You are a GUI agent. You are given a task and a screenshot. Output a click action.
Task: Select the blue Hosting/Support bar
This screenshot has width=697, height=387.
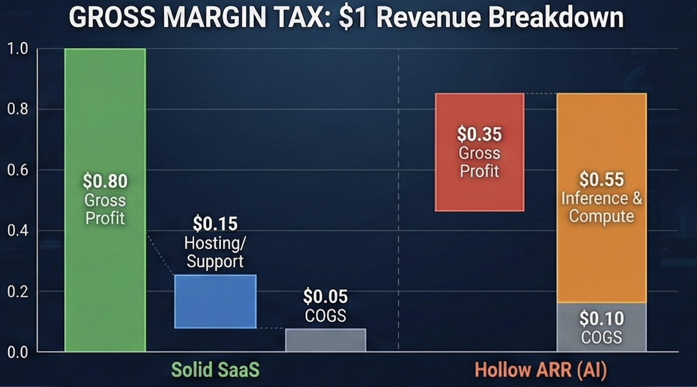pyautogui.click(x=215, y=301)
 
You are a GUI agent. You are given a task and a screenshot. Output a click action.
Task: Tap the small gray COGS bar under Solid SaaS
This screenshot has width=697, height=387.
pyautogui.click(x=326, y=340)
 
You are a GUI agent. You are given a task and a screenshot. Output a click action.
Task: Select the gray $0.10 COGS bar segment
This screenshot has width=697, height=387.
pyautogui.click(x=601, y=327)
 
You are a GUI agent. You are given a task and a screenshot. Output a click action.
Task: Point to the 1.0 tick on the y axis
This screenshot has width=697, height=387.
pyautogui.click(x=17, y=48)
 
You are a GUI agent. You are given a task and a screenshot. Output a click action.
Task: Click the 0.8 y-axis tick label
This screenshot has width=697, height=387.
pyautogui.click(x=17, y=109)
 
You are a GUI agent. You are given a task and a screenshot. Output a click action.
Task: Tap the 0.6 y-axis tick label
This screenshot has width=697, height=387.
pyautogui.click(x=17, y=170)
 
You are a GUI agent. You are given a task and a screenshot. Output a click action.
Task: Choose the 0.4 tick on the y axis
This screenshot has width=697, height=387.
pyautogui.click(x=17, y=231)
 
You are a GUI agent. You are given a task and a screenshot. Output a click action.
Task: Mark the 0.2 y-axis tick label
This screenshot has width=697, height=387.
pyautogui.click(x=17, y=292)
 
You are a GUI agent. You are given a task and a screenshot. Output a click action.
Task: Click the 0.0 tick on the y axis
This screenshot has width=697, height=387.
pyautogui.click(x=17, y=353)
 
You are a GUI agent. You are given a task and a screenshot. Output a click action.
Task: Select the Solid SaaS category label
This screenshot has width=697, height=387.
pyautogui.click(x=215, y=370)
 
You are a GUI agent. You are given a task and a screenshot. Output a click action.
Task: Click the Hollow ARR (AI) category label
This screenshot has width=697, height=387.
pyautogui.click(x=540, y=370)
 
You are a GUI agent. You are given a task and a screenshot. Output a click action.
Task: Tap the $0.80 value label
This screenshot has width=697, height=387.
pyautogui.click(x=105, y=181)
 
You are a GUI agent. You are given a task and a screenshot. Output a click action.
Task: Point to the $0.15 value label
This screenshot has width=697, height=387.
pyautogui.click(x=215, y=224)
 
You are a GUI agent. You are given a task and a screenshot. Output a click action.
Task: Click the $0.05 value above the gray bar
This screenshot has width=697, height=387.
pyautogui.click(x=326, y=297)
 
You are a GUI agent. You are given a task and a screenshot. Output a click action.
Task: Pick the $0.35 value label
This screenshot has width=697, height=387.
pyautogui.click(x=479, y=134)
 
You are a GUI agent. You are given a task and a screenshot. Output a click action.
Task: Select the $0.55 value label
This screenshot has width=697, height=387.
pyautogui.click(x=601, y=179)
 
